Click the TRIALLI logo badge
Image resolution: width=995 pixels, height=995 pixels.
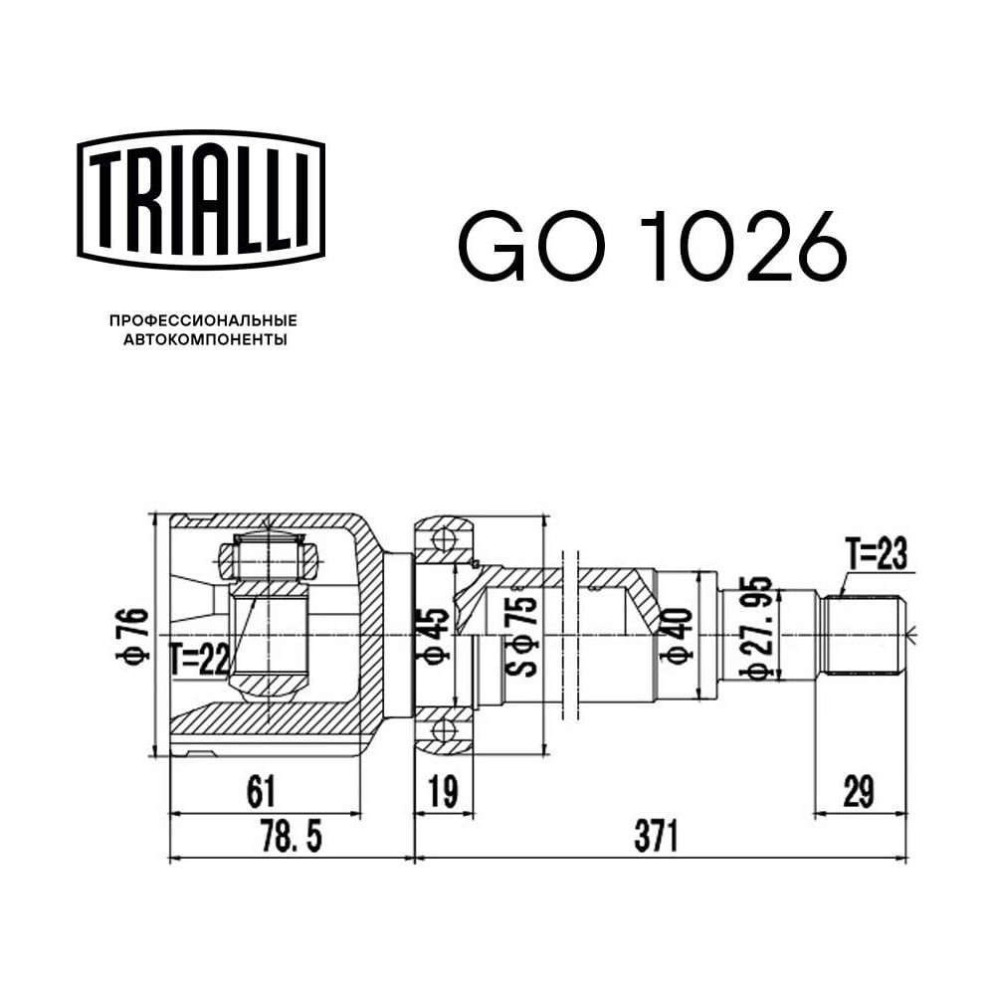pyautogui.click(x=201, y=201)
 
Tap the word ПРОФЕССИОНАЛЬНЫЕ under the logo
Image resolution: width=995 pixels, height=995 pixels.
pyautogui.click(x=203, y=321)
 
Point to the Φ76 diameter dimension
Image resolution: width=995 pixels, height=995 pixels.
pyautogui.click(x=132, y=635)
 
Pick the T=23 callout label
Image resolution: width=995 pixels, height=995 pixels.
pyautogui.click(x=877, y=553)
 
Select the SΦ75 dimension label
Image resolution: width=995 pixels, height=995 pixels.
pyautogui.click(x=521, y=635)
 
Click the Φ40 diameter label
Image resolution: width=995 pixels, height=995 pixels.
pyautogui.click(x=676, y=635)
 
